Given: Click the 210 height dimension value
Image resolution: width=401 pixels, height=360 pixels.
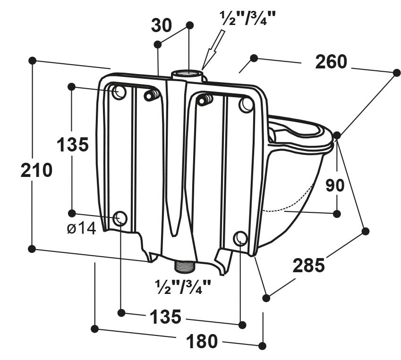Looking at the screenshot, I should coord(36,170).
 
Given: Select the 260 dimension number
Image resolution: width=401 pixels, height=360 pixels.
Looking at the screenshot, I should coord(331,62).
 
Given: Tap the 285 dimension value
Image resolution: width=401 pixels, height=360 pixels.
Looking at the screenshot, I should coord(308,266).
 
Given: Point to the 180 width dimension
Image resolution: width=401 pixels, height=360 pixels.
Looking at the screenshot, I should coord(202,341).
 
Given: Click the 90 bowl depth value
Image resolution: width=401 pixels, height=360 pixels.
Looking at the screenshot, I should coord(335,185).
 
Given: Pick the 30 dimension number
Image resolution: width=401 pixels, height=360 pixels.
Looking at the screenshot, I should coord(162,26).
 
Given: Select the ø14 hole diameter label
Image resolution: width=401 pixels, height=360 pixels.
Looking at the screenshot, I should coord(81,228).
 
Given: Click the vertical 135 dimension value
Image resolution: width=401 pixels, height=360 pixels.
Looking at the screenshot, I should coord(73,144).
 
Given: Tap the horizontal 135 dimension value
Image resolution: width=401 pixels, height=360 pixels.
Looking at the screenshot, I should coord(165,317).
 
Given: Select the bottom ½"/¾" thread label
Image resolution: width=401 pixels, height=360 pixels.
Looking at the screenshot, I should coord(183,286).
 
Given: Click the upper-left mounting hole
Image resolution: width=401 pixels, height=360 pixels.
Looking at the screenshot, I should coord(119,92).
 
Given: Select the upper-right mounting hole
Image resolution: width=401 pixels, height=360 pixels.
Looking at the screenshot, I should coord(246,104).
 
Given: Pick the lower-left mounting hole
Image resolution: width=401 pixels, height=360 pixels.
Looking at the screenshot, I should coord(120,218).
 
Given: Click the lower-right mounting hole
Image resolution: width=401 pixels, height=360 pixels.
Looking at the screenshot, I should coord(240,238).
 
